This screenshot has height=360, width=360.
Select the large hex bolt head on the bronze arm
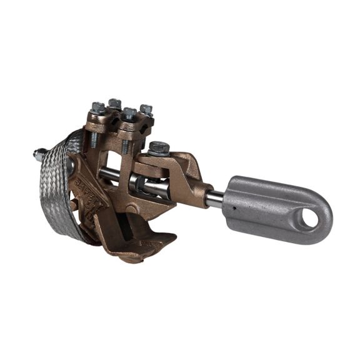pyautogui.click(x=158, y=148)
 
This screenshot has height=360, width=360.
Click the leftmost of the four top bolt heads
pyautogui.click(x=98, y=107)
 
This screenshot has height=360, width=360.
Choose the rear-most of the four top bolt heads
pyautogui.click(x=114, y=102)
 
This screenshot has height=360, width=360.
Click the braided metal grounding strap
pyautogui.click(x=60, y=187)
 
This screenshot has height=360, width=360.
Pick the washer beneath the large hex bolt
pyautogui.click(x=159, y=156)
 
